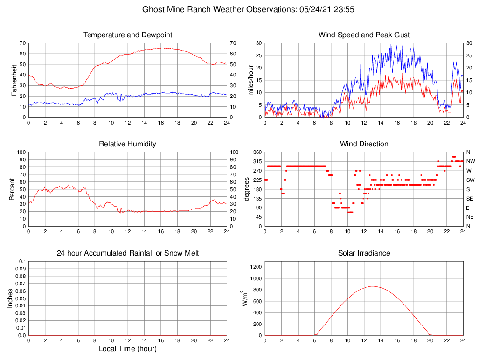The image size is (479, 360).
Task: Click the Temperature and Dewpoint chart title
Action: pos(127,35)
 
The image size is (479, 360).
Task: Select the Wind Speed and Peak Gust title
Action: pos(364,35)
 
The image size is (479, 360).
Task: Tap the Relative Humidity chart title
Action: pos(127,144)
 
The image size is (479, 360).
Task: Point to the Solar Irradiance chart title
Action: pos(364,253)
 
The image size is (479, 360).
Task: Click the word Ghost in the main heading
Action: pos(153,9)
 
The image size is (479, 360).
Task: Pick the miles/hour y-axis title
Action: pos(250,80)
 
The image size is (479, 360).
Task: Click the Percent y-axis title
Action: pos(12,189)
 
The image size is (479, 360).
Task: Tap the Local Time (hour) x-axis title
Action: pos(127,349)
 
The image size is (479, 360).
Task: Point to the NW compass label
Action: pos(470,161)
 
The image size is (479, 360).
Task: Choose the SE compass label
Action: pos(470,199)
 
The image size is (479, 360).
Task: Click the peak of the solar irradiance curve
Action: pos(372,286)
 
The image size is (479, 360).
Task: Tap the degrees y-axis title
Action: pos(246,189)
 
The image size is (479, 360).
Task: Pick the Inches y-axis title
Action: pos(10,298)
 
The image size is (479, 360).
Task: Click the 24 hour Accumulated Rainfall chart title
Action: pos(127,253)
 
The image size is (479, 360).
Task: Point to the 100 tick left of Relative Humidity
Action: pos(21,152)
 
